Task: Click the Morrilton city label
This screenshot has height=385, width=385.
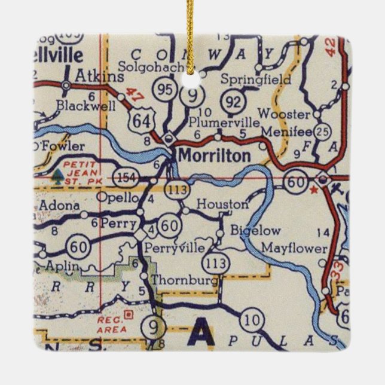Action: [212, 156]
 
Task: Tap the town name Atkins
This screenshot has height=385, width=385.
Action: [100, 77]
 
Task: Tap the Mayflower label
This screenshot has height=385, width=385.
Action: [295, 247]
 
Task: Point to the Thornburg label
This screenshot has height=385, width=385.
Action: [182, 280]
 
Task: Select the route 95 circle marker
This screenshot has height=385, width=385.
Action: [164, 90]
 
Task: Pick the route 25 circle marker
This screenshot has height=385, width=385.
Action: [323, 132]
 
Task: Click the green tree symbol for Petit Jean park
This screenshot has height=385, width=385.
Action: [58, 176]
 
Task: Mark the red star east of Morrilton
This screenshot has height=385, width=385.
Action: [313, 190]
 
